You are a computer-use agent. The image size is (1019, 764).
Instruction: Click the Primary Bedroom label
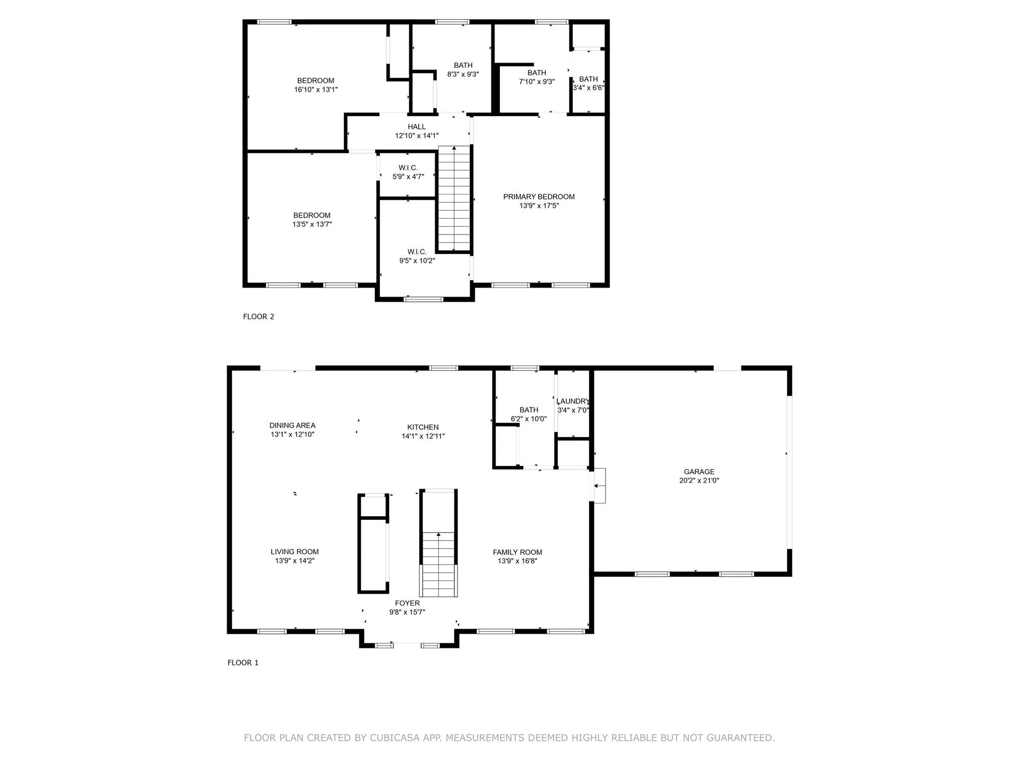(x=539, y=197)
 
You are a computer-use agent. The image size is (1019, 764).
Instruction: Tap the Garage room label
(x=699, y=472)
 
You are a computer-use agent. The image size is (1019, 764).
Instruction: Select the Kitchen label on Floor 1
(x=423, y=427)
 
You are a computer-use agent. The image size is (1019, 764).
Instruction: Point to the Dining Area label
(x=292, y=426)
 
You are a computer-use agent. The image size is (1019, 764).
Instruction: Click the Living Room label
(x=295, y=552)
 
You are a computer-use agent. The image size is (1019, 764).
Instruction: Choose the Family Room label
(x=517, y=552)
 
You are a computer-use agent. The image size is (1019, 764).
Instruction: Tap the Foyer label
(x=407, y=603)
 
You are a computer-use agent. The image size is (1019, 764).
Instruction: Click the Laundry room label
(x=573, y=402)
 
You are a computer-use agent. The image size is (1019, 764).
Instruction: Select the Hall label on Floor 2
(x=417, y=127)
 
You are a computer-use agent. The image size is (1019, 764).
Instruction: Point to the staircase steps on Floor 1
(x=438, y=565)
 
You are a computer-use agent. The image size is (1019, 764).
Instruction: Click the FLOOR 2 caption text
(x=258, y=317)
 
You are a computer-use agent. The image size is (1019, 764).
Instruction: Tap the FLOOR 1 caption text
(x=243, y=663)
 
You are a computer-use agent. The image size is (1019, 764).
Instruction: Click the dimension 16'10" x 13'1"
(x=316, y=90)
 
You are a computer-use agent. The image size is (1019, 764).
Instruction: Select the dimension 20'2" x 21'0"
(x=699, y=481)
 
